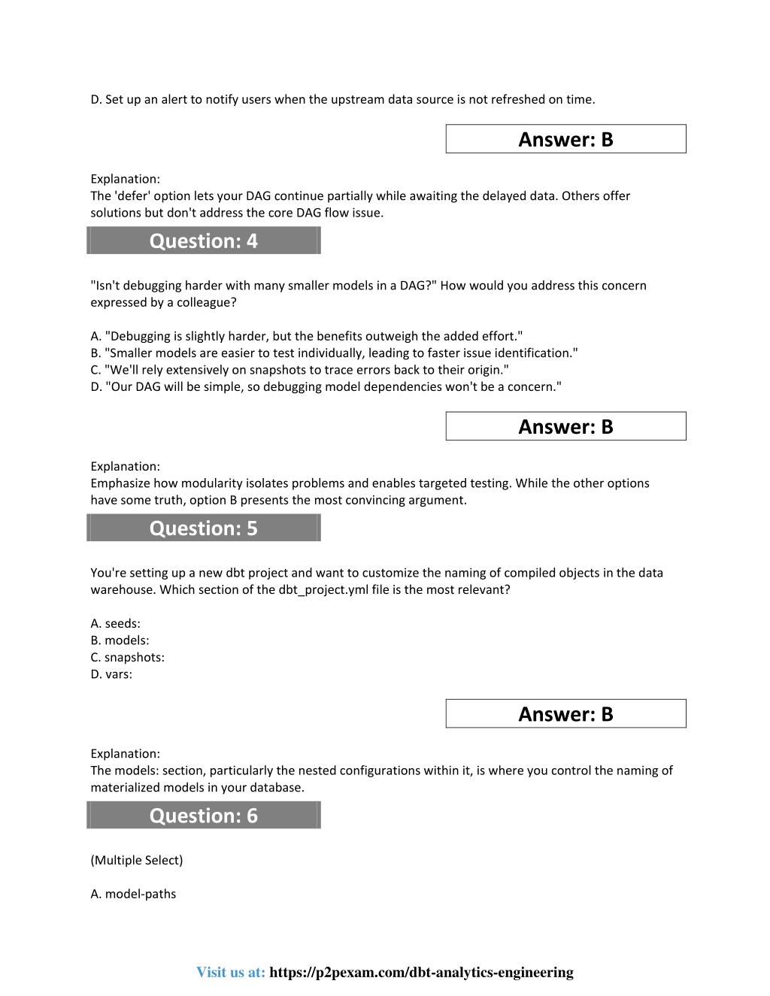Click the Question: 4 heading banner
[x=203, y=241]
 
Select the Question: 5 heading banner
[x=203, y=528]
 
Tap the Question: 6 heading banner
[x=203, y=815]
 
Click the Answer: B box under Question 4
[x=565, y=426]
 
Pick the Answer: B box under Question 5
[x=565, y=713]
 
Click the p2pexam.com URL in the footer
[x=421, y=972]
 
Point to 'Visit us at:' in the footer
[x=231, y=972]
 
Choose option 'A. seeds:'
[x=115, y=623]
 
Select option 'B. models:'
[x=120, y=640]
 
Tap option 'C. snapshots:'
[x=127, y=657]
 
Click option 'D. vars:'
[x=111, y=674]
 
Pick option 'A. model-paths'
[x=133, y=894]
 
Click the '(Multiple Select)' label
[x=136, y=860]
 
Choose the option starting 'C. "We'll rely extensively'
[x=299, y=370]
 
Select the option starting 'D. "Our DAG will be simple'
[x=326, y=386]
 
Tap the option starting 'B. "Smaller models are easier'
[x=334, y=353]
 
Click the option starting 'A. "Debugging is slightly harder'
[x=306, y=336]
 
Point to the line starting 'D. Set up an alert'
[x=342, y=99]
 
